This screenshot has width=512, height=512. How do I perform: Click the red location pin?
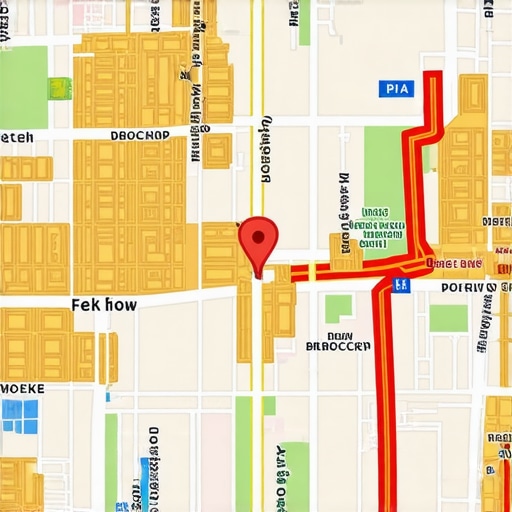pyautogui.click(x=258, y=240)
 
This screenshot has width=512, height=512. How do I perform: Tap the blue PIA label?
pyautogui.click(x=397, y=89)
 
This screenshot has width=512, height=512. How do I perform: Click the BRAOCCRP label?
pyautogui.click(x=337, y=346)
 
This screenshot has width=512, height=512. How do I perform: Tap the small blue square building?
pyautogui.click(x=20, y=415)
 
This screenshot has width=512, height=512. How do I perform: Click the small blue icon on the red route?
pyautogui.click(x=402, y=285)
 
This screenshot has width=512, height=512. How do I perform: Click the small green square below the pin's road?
pyautogui.click(x=339, y=308)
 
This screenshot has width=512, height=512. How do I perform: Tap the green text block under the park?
pyautogui.click(x=373, y=227)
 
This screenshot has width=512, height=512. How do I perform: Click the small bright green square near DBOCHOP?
pyautogui.click(x=60, y=88)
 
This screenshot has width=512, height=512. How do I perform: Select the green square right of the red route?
pyautogui.click(x=448, y=318)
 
